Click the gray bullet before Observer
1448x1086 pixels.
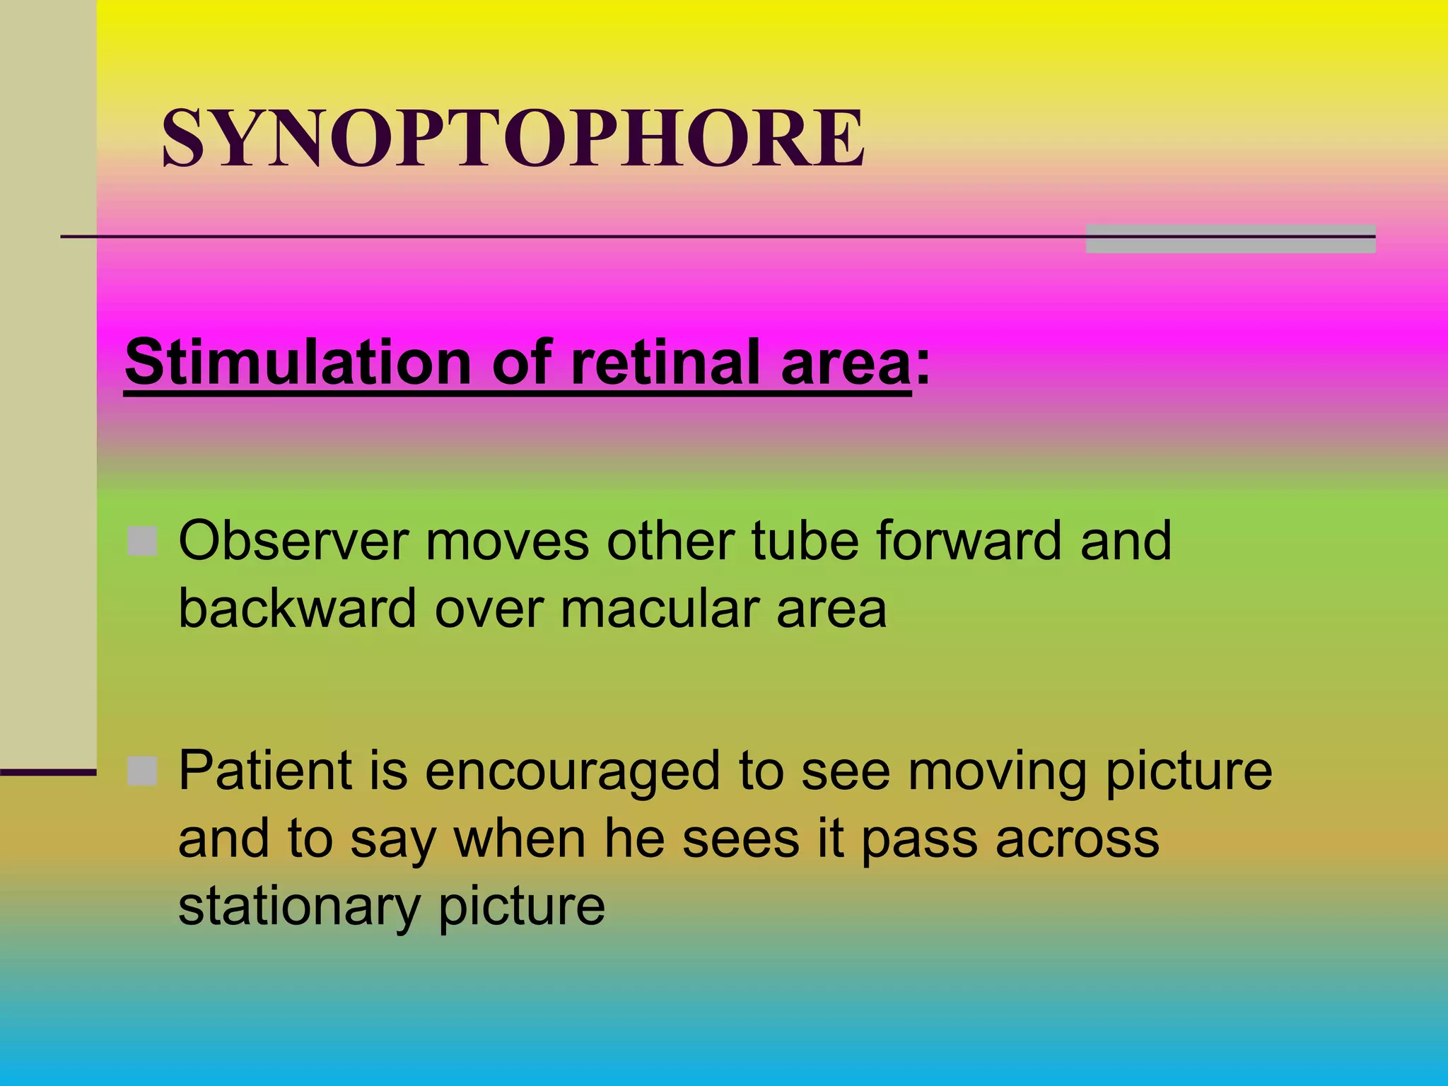(x=142, y=542)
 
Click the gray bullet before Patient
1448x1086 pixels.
(x=142, y=771)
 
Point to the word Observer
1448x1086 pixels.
(x=293, y=541)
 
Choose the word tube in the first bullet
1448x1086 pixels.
(x=805, y=541)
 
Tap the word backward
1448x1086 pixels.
(x=297, y=608)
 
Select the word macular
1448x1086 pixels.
(x=660, y=608)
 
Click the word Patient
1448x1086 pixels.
(x=264, y=770)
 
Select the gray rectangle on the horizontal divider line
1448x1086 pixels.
(x=1230, y=239)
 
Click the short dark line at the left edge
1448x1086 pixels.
(x=47, y=773)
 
